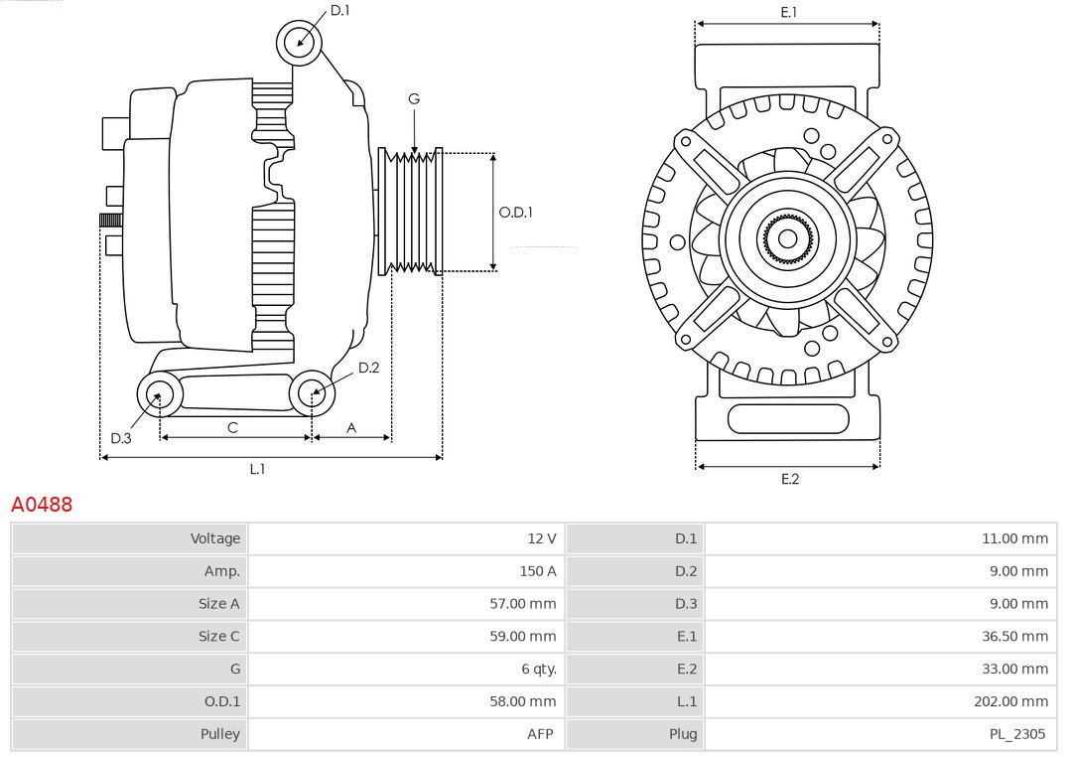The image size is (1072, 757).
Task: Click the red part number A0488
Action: pos(42,505)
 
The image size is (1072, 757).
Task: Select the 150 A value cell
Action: pos(537,571)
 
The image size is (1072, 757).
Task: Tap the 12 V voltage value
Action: pos(541,538)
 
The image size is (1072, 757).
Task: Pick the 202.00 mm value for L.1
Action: pos(1010,701)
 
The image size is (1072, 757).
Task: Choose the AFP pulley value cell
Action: pos(539,734)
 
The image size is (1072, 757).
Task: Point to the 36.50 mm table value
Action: pos(1014,636)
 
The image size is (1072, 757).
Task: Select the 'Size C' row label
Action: pos(218,636)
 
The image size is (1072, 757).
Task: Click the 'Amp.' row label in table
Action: pos(221,571)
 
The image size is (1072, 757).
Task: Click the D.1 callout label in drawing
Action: pos(339,10)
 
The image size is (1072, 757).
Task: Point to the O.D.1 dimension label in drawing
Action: pos(515,212)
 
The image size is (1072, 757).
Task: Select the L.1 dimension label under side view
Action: pos(257,469)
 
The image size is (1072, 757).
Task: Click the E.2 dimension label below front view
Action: pos(789,479)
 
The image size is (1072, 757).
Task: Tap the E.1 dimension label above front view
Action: pos(789,12)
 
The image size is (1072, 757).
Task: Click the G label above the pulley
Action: pos(414,98)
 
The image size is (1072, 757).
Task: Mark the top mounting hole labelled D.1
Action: pos(299,42)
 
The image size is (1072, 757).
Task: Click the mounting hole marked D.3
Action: pos(158,395)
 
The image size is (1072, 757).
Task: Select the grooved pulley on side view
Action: pos(411,212)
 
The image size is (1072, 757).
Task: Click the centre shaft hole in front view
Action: pos(787,238)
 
